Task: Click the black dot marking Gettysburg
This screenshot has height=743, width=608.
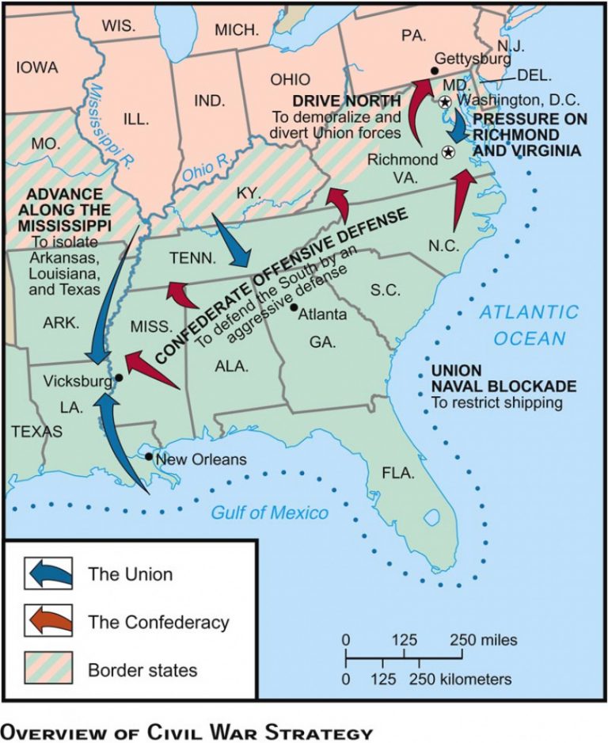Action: [434, 71]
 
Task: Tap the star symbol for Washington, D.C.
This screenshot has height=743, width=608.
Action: [445, 101]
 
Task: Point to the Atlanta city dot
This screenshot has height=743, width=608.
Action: [294, 307]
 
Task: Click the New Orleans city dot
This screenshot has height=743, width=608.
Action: [149, 457]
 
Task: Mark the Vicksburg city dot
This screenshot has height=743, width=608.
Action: [119, 378]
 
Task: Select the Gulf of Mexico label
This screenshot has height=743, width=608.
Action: [269, 512]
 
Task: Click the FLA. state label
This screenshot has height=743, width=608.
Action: [398, 473]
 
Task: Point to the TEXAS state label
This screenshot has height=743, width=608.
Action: [30, 432]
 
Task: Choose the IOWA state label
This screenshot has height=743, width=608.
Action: [37, 68]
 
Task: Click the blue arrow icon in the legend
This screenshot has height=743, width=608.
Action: [49, 573]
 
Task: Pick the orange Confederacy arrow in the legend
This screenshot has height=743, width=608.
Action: [49, 621]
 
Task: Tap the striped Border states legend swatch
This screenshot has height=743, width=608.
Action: [49, 669]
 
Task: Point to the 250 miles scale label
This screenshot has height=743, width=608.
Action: [484, 639]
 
